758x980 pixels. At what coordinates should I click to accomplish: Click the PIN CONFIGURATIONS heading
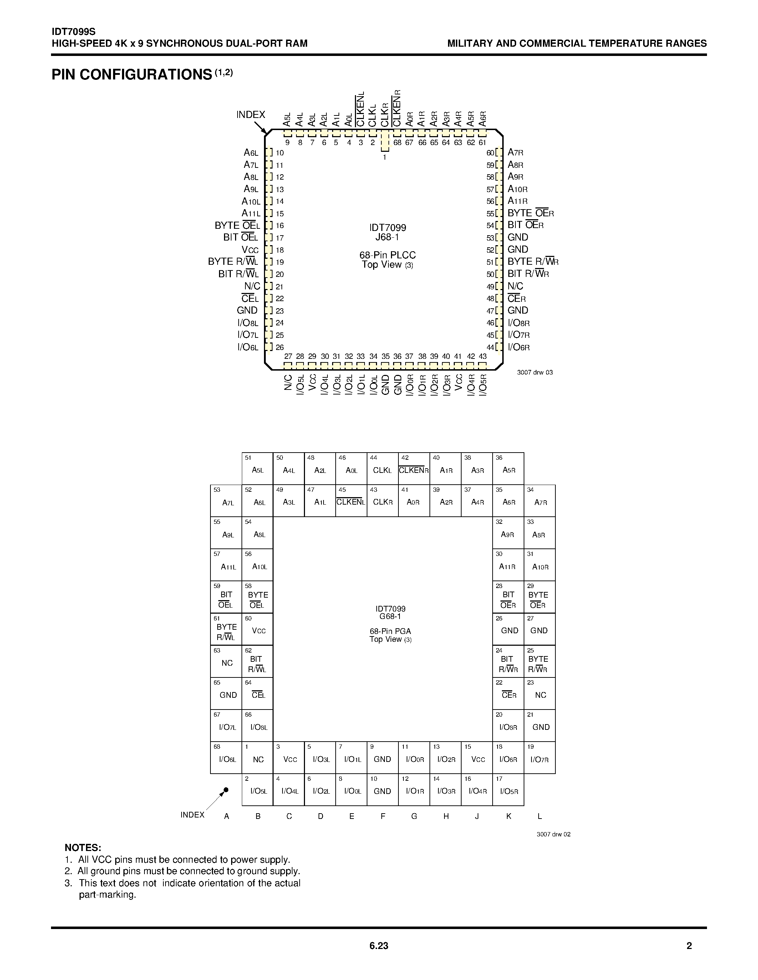[x=132, y=74]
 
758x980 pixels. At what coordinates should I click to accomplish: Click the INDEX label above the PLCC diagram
[x=250, y=115]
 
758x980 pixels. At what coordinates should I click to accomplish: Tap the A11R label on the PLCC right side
[x=517, y=201]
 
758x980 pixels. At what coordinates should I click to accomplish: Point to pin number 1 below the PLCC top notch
[x=385, y=158]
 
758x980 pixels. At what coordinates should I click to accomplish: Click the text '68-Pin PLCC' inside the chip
[x=387, y=255]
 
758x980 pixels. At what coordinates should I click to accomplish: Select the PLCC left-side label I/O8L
[x=248, y=323]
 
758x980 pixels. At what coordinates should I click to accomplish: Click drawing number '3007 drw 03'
[x=535, y=372]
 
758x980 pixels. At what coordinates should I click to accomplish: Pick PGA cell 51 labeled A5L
[x=257, y=469]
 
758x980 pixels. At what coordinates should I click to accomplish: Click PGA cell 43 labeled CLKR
[x=383, y=501]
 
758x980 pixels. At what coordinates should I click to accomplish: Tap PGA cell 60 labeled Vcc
[x=257, y=629]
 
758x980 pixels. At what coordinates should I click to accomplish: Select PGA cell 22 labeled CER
[x=508, y=694]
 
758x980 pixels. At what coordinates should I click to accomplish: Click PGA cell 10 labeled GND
[x=383, y=790]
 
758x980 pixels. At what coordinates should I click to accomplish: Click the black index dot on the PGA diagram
[x=226, y=790]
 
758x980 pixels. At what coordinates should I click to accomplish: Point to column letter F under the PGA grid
[x=383, y=816]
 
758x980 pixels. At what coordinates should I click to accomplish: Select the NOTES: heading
[x=83, y=848]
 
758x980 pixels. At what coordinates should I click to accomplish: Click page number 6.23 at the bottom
[x=378, y=946]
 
